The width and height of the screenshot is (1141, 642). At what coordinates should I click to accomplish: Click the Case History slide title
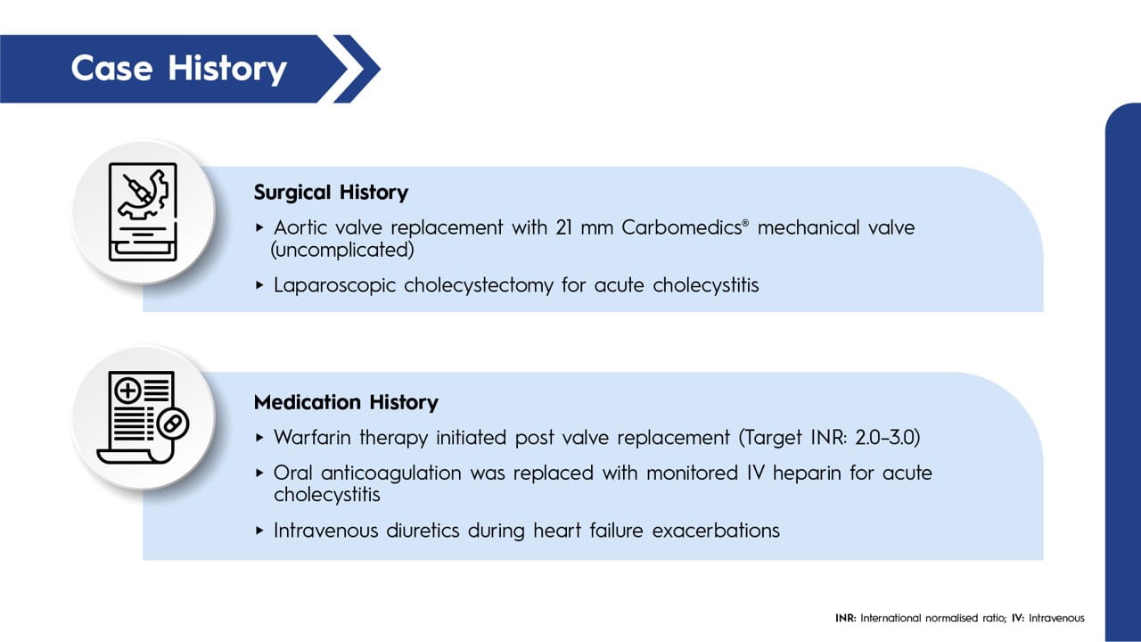point(178,69)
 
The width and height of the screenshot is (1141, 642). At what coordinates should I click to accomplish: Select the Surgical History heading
point(331,193)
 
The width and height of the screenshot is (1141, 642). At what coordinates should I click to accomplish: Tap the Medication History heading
point(346,403)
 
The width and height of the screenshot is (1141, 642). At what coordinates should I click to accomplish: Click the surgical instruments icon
point(143,212)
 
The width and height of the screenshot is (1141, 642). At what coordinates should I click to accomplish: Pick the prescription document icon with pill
point(143,417)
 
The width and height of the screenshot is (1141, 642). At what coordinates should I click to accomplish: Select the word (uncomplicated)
point(342,251)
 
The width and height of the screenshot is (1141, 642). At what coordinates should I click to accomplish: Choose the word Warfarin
point(309,438)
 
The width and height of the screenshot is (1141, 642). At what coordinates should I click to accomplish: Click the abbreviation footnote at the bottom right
point(959,618)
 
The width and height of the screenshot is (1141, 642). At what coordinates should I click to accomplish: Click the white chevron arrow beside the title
point(356,69)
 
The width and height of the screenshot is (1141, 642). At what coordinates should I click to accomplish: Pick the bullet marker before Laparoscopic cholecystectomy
point(259,286)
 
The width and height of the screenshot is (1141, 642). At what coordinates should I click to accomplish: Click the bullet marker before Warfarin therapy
point(259,438)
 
